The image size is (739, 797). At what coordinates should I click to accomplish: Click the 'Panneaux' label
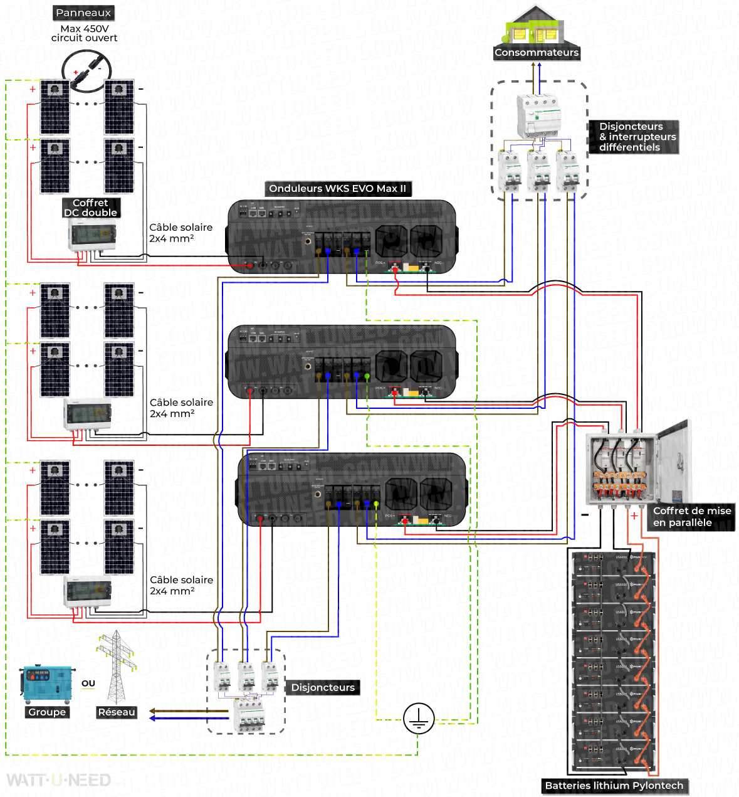pos(83,13)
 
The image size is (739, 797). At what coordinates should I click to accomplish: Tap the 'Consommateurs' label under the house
pos(537,53)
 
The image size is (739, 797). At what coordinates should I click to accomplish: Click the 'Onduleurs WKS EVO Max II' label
pos(337,189)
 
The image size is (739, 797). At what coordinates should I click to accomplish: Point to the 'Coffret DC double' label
pos(91,208)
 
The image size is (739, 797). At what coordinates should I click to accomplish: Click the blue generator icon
pos(48,685)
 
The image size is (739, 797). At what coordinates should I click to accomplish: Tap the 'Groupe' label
pos(47,712)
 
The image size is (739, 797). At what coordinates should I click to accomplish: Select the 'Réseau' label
pos(117,712)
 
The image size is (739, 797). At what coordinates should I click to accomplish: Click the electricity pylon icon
pos(116,667)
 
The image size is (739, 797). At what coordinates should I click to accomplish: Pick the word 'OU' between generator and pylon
pos(88,684)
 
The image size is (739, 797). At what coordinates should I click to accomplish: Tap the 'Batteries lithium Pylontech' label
pos(614,786)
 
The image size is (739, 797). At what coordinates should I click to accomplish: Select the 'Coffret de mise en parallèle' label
pos(692,517)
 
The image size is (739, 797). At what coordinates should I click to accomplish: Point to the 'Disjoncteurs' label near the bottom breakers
pos(323,688)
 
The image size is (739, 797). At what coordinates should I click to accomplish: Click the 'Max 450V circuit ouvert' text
pos(84,33)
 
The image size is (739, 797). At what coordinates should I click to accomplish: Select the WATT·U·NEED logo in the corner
pos(59,781)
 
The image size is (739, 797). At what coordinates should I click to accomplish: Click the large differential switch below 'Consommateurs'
pos(538,115)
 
